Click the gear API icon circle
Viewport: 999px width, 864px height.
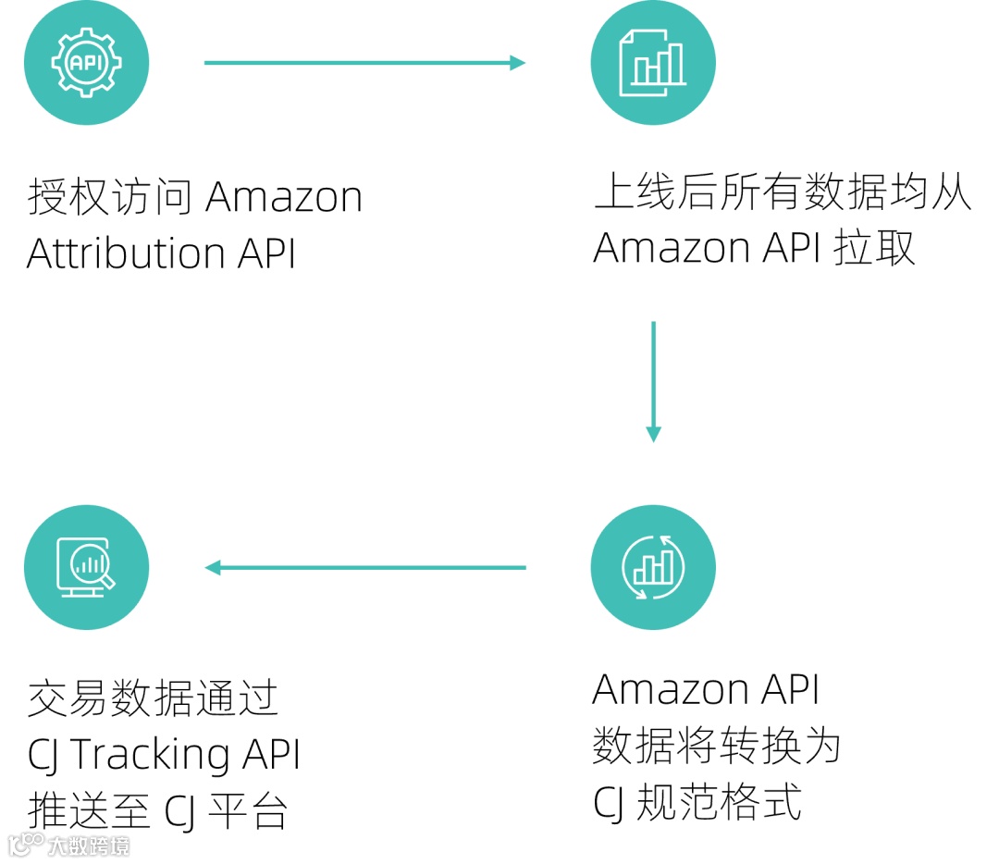pos(86,63)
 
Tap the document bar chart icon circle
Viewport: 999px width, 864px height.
pos(653,63)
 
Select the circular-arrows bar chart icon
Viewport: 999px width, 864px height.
pos(653,567)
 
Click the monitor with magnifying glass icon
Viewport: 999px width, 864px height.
pos(86,567)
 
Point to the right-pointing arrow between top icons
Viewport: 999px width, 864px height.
pos(364,63)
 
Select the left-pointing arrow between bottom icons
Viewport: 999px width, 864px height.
pos(364,567)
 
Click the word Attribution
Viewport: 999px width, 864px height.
pos(126,253)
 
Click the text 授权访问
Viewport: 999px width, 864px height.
pos(110,197)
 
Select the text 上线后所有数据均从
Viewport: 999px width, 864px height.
pos(783,193)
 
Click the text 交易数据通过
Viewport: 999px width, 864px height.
pos(153,698)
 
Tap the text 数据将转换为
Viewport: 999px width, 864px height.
pos(716,746)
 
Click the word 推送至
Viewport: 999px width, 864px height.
pos(89,812)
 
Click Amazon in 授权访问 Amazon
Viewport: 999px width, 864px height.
pos(284,197)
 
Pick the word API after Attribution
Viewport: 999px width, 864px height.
pos(266,253)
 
